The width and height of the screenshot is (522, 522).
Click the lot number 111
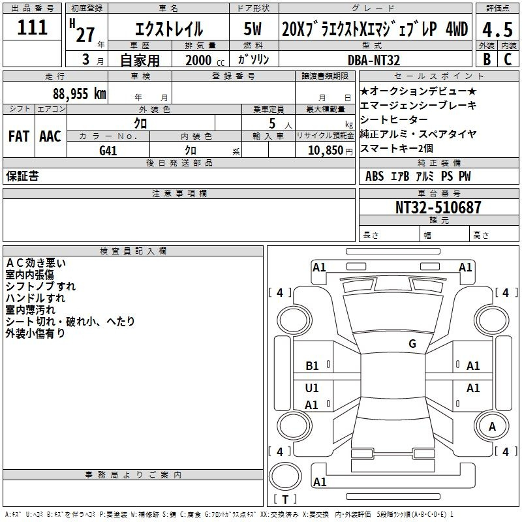tap(32, 27)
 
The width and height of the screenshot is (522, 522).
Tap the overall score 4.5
tap(497, 29)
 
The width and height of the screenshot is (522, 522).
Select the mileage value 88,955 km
tap(80, 94)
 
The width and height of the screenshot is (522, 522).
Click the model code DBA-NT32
tap(374, 60)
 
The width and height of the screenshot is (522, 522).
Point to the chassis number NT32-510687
tap(438, 207)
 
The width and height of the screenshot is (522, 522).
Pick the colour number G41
tap(108, 151)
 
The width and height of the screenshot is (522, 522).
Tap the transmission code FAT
tap(19, 136)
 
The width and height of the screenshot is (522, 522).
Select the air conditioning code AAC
tap(50, 136)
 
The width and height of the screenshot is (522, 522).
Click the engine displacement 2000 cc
tap(205, 60)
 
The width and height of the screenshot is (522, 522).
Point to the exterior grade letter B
tap(487, 59)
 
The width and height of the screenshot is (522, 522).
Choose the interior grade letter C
tap(508, 59)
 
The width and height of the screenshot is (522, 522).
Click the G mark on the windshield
tap(412, 344)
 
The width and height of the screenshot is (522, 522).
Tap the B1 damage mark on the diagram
tap(313, 366)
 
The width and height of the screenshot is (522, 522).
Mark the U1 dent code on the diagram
tap(312, 388)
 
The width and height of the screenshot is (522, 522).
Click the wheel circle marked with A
tap(492, 427)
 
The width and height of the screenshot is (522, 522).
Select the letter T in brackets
tap(285, 499)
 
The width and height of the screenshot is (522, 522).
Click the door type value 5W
tap(253, 29)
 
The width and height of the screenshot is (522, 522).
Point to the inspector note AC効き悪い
tap(36, 263)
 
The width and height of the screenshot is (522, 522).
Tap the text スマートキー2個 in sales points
tap(397, 149)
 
